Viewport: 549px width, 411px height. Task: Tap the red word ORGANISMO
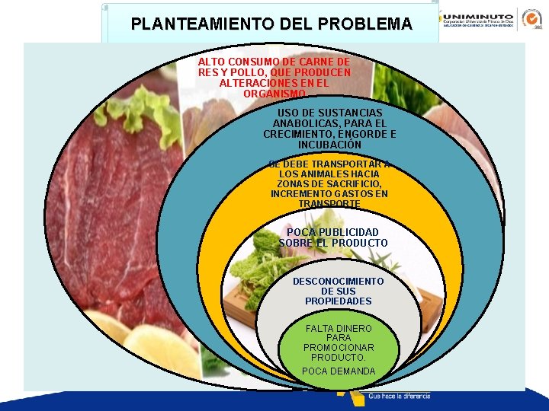[x=274, y=94]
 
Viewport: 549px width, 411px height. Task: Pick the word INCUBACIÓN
[x=329, y=145]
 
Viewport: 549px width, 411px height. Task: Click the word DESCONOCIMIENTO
[x=338, y=282]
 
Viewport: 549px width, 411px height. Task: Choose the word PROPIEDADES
[x=338, y=301]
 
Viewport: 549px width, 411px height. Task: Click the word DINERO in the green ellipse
[x=354, y=328]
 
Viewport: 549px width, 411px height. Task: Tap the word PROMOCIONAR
[x=339, y=348]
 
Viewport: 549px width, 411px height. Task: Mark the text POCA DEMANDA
[x=339, y=371]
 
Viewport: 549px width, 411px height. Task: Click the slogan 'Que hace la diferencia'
[x=399, y=397]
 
